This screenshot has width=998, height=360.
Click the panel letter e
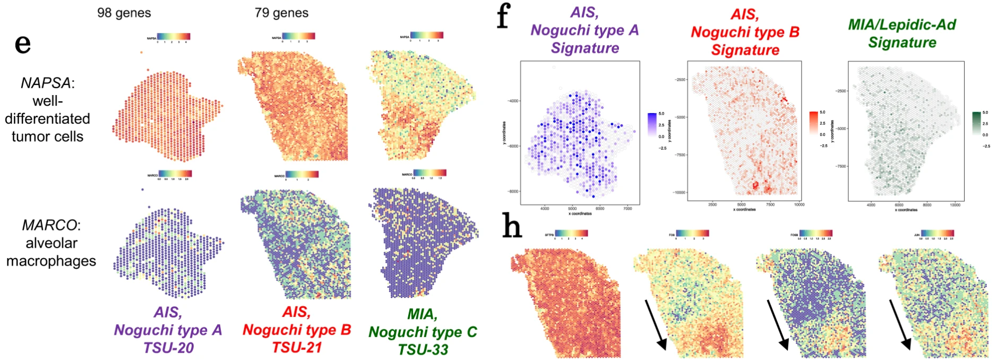22,45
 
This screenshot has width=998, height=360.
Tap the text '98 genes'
124,13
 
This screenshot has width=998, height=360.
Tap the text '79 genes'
281,13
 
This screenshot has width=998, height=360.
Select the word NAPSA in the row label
45,83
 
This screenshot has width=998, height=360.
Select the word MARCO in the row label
49,225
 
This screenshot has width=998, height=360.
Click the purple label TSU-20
168,348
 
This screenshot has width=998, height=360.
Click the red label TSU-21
297,347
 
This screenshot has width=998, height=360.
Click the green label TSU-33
423,349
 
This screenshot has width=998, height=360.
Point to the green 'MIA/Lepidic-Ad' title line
901,24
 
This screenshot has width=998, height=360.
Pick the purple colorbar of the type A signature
652,124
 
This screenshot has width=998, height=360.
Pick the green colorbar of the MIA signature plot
976,123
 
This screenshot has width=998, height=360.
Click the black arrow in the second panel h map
653,324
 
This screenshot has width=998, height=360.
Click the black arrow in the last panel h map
899,324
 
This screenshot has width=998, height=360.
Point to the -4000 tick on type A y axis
513,101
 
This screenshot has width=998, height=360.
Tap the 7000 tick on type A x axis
627,209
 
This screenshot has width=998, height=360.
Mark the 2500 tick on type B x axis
712,204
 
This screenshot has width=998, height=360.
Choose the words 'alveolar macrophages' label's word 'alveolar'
51,243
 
